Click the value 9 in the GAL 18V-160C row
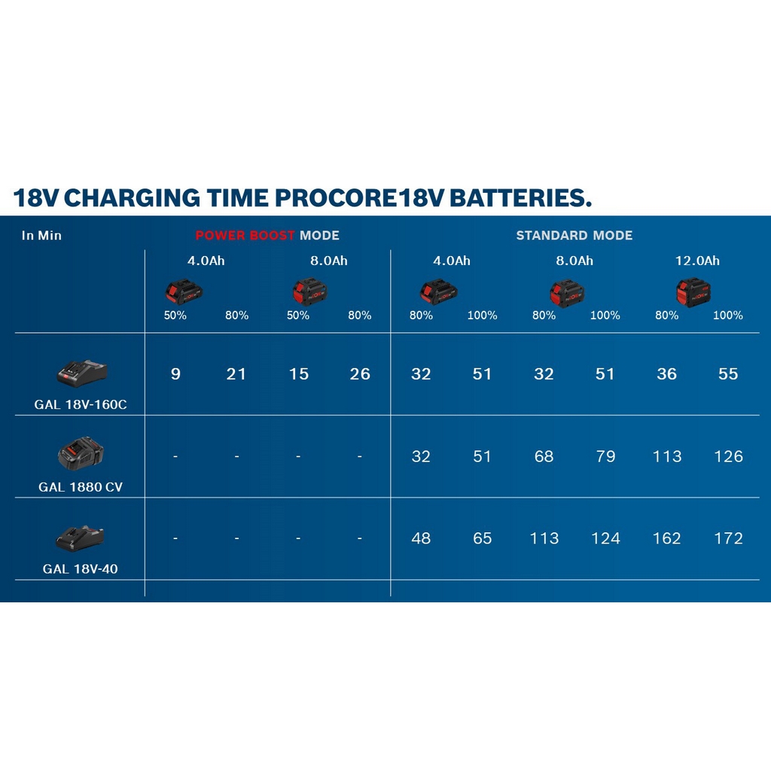coord(175,374)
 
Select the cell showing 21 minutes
coord(236,374)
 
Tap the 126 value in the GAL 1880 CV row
coord(728,456)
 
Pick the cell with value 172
coord(728,538)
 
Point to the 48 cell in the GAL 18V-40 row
coord(421,538)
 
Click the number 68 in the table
coord(544,456)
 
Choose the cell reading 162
coord(667,538)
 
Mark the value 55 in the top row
coord(728,374)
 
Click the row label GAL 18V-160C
coord(80,404)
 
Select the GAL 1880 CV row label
coord(81,487)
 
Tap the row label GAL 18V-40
coord(80,569)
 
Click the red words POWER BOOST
coord(245,236)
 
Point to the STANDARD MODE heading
coord(574,236)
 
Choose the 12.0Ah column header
coord(697,261)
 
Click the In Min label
coord(41,236)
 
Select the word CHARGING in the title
coord(132,198)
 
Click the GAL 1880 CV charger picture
coord(81,453)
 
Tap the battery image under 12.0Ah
coord(693,292)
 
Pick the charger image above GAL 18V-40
coord(80,538)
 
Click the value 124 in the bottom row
coord(605,538)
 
